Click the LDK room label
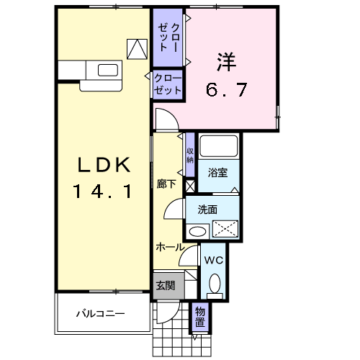coord(104,166)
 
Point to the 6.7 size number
coord(227,90)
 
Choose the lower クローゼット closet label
coord(168,85)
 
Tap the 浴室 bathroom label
coord(217,173)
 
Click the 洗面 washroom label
coord(208,210)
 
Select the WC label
coord(214,260)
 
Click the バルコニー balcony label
coord(102,314)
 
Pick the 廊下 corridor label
coord(166,183)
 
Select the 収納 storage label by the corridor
coord(190,155)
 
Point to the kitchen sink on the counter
coord(107,71)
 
